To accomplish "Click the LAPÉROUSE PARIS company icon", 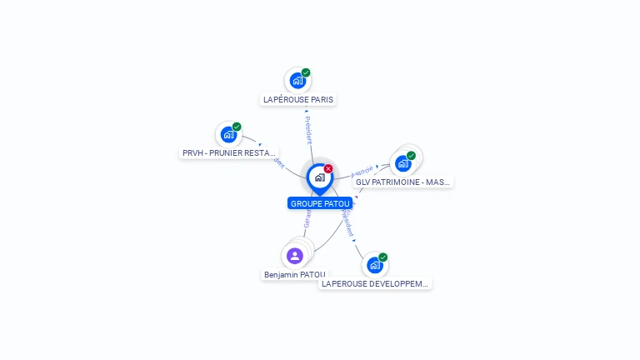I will click(x=297, y=82).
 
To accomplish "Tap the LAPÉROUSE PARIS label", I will click(x=298, y=99).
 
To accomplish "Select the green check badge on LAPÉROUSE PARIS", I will click(x=306, y=73).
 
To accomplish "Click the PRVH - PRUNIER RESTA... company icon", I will click(x=228, y=135).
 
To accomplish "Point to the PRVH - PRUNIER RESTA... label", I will click(x=229, y=153).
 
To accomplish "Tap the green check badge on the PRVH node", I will click(x=237, y=127).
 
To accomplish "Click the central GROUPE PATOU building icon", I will click(x=319, y=177).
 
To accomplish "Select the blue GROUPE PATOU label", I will click(x=320, y=203).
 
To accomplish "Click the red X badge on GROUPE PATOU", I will click(x=328, y=168).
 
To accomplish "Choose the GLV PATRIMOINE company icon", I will click(x=403, y=163).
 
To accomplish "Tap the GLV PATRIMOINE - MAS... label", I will click(x=402, y=182).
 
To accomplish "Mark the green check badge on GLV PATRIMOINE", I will click(x=412, y=155).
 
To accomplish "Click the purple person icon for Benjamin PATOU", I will click(x=294, y=256).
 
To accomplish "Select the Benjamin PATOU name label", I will click(x=295, y=274).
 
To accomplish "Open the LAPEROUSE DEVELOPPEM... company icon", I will click(x=375, y=265).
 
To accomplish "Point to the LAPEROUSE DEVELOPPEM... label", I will click(x=375, y=283).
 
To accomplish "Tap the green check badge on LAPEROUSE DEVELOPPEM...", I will click(x=383, y=257).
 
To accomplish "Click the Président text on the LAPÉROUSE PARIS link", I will click(x=308, y=130).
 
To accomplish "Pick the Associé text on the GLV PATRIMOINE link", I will click(x=362, y=169).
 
